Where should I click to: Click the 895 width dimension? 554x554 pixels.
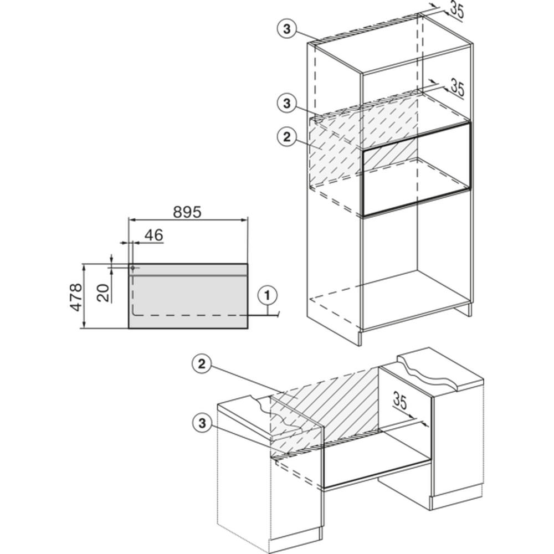click(187, 212)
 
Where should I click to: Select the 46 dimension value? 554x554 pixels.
click(153, 235)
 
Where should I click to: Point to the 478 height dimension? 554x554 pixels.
click(76, 297)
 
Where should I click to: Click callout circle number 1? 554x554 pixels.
click(268, 295)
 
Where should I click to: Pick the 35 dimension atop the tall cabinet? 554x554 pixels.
click(456, 10)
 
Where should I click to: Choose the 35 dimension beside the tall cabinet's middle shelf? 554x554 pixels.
click(456, 88)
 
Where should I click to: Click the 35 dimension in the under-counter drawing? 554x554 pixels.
click(399, 401)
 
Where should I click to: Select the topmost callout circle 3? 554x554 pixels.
click(286, 29)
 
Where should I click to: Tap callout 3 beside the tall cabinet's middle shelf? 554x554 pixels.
click(286, 104)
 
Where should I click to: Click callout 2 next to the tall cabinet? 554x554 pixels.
click(286, 137)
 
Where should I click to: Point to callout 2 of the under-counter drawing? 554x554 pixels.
click(202, 364)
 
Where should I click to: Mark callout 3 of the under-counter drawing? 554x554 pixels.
click(202, 423)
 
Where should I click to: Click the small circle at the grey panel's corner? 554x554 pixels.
click(132, 268)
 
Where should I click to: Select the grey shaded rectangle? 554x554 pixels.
click(188, 296)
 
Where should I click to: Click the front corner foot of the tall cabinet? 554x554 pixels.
click(361, 337)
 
